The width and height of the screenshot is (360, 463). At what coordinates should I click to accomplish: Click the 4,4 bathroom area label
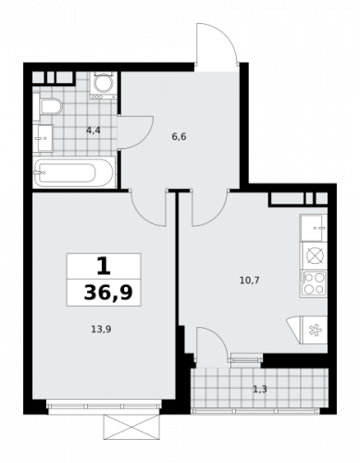click(93, 131)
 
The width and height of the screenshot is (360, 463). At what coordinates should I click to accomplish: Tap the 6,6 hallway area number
click(179, 136)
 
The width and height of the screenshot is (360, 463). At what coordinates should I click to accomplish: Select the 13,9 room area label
click(101, 330)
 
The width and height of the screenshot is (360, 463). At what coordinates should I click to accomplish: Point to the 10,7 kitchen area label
click(250, 281)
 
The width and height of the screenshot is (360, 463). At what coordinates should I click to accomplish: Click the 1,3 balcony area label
click(260, 389)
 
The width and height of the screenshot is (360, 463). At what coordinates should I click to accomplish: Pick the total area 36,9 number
click(108, 293)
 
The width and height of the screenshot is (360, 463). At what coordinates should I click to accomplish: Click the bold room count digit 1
click(104, 267)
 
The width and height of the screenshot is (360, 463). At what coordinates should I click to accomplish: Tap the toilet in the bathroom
click(50, 106)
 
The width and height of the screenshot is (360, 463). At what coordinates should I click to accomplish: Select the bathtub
click(74, 172)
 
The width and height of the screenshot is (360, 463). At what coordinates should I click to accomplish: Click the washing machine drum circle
click(104, 84)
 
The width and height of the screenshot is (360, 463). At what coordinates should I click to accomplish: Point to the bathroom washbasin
click(43, 138)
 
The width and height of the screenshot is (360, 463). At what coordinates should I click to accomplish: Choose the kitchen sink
click(314, 228)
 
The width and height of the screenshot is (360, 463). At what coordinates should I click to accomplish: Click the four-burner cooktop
click(314, 283)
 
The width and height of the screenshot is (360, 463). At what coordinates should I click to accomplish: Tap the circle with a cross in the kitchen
click(315, 257)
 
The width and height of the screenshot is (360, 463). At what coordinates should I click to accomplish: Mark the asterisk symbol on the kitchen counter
click(316, 332)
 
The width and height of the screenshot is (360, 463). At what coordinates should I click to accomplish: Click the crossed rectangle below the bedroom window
click(131, 427)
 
